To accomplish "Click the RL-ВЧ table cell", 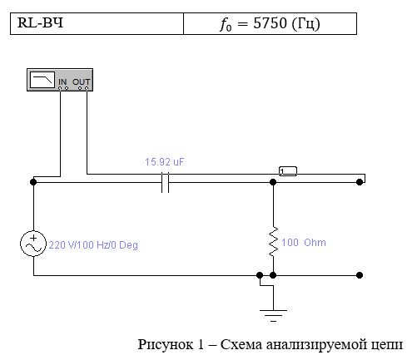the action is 97,23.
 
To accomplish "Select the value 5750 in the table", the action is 270,23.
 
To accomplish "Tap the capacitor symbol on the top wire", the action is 165,182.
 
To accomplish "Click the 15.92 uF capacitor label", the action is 164,162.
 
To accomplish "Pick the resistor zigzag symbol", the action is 273,241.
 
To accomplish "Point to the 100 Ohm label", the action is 304,243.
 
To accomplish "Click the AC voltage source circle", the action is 33,244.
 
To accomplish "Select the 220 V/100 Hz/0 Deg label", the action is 93,245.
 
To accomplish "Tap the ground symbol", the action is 273,315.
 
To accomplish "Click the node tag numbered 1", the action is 288,171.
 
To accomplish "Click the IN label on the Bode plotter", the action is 62,81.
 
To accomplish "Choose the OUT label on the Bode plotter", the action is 81,81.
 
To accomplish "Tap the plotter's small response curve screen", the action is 42,80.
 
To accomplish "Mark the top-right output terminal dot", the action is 360,182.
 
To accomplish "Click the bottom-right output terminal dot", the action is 360,275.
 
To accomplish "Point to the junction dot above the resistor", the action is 273,182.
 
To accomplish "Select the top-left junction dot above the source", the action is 33,182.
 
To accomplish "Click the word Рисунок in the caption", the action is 165,344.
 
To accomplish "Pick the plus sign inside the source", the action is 33,238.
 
